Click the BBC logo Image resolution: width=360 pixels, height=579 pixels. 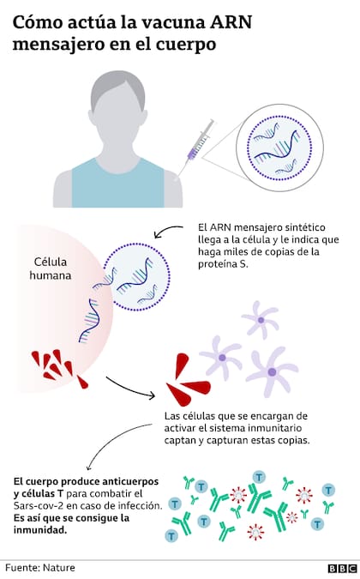click(342, 569)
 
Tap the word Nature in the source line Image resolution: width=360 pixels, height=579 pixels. click(59, 568)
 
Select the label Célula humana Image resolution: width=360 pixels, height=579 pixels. click(51, 268)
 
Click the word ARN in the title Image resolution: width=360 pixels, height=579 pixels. click(231, 22)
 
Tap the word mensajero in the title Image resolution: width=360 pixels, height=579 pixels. click(59, 45)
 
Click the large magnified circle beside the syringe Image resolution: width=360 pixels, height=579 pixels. click(279, 148)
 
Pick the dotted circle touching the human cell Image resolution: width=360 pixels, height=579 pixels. click(136, 276)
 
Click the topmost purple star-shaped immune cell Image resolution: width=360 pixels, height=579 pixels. click(261, 320)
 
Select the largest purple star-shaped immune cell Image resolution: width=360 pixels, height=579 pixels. click(273, 371)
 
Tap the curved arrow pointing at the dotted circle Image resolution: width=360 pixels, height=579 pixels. click(167, 229)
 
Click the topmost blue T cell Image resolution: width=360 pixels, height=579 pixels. click(259, 477)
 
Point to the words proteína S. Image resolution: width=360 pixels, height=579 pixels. click(223, 264)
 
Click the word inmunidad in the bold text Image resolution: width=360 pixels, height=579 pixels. click(40, 530)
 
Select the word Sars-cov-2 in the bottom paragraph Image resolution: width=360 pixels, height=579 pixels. click(35, 505)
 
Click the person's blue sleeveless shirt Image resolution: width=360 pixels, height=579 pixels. click(117, 184)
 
